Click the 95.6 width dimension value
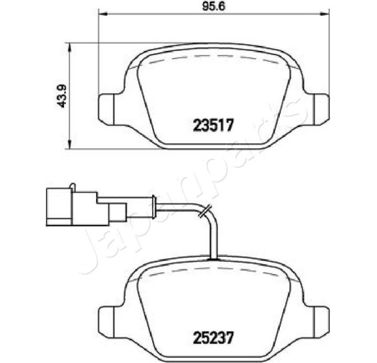click(x=213, y=7)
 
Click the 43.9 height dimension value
click(x=62, y=96)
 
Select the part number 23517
click(x=213, y=126)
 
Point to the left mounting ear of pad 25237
click(x=106, y=322)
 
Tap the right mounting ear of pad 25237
click(x=321, y=322)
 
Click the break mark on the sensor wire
click(x=205, y=211)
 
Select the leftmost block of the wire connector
click(x=59, y=207)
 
